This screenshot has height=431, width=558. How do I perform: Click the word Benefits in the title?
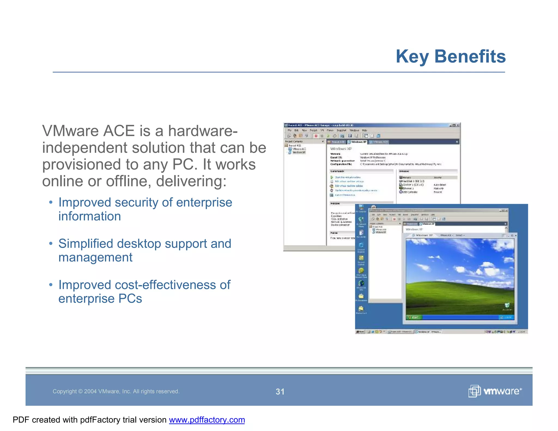click(470, 56)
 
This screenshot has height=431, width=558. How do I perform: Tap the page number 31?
click(280, 391)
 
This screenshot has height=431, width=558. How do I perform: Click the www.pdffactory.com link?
click(207, 420)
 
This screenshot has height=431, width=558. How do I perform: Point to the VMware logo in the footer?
click(495, 391)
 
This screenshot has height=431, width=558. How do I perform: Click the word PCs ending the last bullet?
click(130, 299)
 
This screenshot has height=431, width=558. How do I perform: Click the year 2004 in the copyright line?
click(90, 391)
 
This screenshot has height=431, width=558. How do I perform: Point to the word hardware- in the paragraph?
click(203, 131)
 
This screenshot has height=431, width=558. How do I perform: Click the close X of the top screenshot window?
click(458, 125)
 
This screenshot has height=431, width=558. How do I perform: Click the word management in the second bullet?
click(95, 257)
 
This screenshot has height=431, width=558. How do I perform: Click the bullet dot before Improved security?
click(50, 203)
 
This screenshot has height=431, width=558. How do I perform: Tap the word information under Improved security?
click(89, 216)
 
